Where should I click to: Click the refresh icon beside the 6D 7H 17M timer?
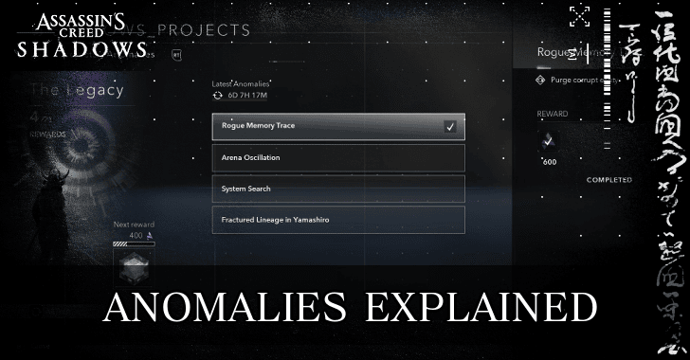(x=219, y=97)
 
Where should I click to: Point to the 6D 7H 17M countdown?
(x=249, y=97)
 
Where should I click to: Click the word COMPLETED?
(x=608, y=179)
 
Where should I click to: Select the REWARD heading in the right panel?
(x=553, y=114)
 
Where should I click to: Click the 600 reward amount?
(x=550, y=162)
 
